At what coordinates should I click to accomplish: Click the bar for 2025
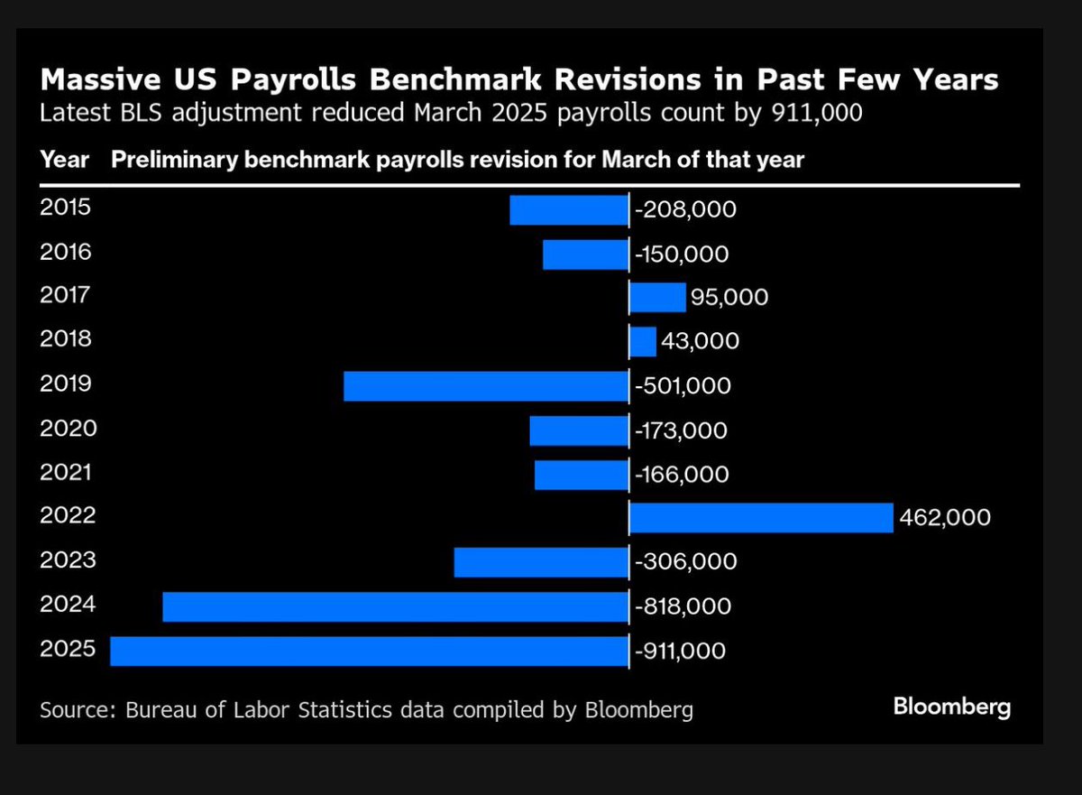(x=369, y=651)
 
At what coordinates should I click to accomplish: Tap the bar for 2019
(x=485, y=386)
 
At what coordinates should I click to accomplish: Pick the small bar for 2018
(x=643, y=342)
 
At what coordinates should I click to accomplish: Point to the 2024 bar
(x=395, y=606)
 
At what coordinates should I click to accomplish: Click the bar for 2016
(x=585, y=254)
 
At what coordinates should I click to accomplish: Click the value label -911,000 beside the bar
(x=679, y=652)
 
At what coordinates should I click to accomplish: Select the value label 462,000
(x=945, y=518)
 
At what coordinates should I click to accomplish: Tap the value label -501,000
(x=683, y=386)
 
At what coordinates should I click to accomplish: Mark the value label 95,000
(x=729, y=297)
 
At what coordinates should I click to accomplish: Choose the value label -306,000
(x=685, y=562)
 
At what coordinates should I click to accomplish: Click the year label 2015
(x=66, y=208)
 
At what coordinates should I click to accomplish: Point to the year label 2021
(x=66, y=472)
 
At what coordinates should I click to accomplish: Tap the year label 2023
(x=66, y=560)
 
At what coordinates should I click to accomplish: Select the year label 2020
(x=68, y=428)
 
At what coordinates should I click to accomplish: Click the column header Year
(x=64, y=160)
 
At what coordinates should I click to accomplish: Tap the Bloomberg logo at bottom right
(x=951, y=707)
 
